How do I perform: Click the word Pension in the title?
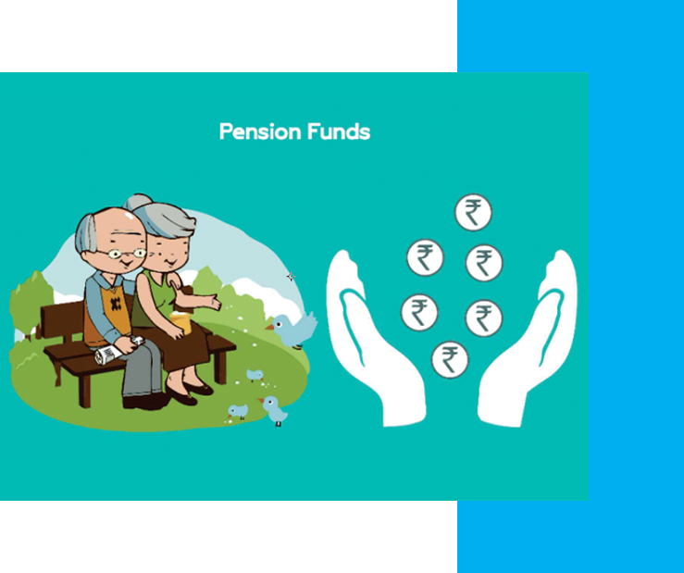click(260, 131)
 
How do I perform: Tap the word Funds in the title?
click(339, 131)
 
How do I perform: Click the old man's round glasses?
click(127, 254)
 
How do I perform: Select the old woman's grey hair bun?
click(137, 202)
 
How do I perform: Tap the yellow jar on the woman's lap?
click(180, 322)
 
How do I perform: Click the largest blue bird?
click(293, 330)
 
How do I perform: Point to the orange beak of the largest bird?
click(270, 327)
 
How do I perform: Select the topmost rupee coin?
click(473, 213)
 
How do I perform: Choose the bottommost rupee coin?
click(450, 360)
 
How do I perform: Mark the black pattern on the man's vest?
click(115, 304)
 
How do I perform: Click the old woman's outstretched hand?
click(211, 302)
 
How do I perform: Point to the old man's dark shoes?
click(144, 402)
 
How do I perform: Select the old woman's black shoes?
click(190, 392)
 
